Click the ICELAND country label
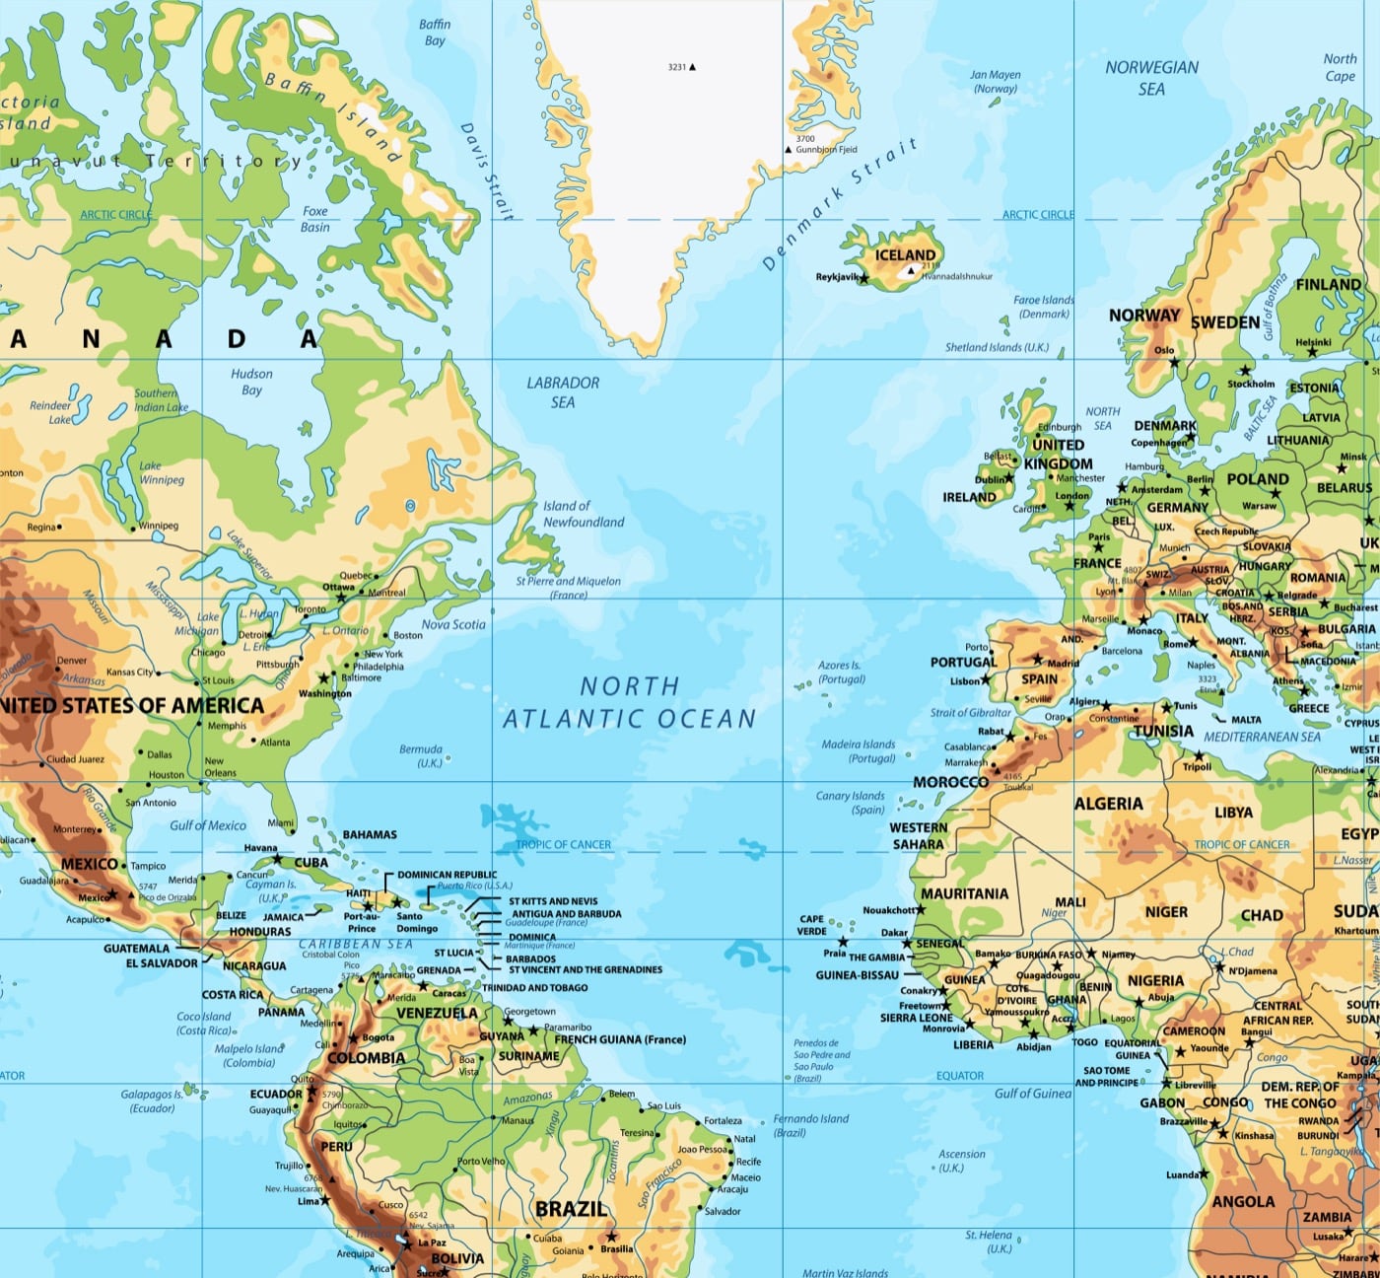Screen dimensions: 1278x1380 905,255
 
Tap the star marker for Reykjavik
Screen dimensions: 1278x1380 864,279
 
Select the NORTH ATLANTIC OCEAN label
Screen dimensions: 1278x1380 629,702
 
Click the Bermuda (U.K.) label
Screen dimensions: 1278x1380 421,755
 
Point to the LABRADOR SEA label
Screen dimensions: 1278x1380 563,391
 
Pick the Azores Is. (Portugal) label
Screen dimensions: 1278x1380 841,672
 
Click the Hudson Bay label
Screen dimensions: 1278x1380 251,382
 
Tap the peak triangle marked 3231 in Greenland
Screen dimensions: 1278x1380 692,67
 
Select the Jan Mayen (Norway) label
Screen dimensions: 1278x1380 995,81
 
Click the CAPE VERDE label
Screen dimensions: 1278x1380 812,925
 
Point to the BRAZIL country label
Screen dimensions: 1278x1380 571,1209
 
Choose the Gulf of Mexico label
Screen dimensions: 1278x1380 208,825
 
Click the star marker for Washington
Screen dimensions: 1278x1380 323,678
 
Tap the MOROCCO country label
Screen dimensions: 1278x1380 950,782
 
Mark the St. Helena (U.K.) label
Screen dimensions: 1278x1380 989,1241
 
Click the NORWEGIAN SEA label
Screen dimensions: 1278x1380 1151,78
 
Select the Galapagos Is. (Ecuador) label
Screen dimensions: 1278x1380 152,1100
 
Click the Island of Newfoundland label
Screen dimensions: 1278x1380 583,514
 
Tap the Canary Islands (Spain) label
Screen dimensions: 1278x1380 851,802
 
